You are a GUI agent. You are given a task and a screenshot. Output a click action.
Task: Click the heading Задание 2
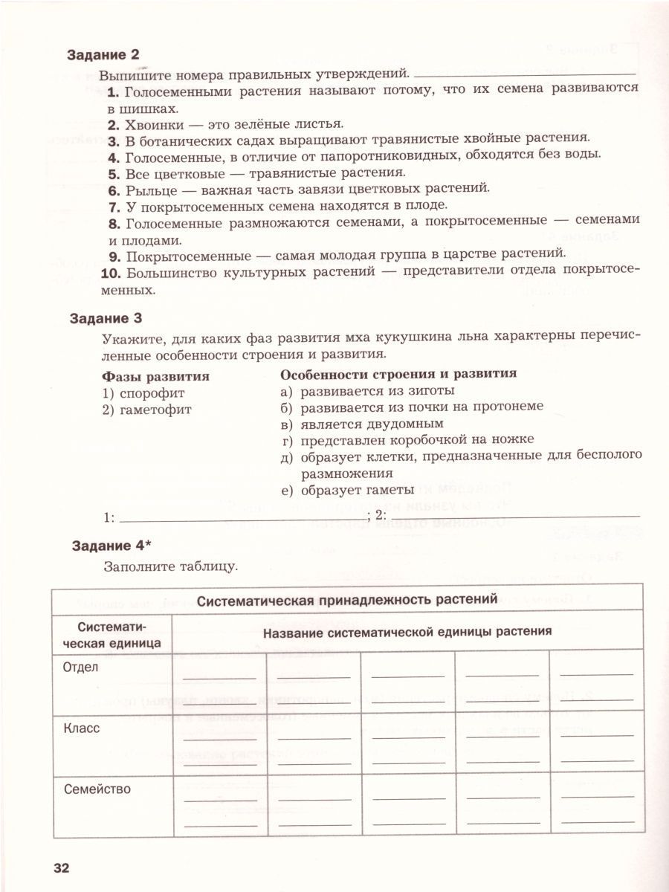[x=103, y=54]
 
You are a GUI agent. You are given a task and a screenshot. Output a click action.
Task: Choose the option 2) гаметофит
[x=146, y=409]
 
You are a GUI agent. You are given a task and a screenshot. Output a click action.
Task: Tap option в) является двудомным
[x=361, y=424]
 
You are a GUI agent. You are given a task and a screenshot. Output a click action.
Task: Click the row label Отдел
[x=81, y=668]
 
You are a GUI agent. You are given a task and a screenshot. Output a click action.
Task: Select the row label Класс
[x=82, y=728]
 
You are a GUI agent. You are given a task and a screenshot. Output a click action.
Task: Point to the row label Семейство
[x=97, y=789]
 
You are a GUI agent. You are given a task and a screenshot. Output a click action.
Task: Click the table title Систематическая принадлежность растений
[x=346, y=599]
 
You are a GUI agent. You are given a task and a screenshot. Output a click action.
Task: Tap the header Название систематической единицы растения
[x=407, y=632]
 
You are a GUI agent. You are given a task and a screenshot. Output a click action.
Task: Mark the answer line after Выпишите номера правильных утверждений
[x=524, y=74]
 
